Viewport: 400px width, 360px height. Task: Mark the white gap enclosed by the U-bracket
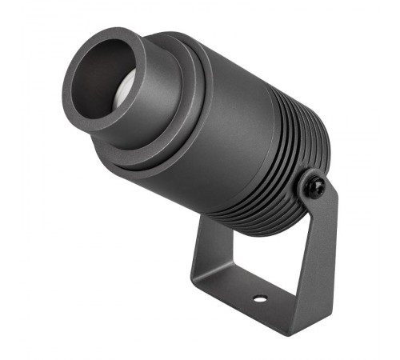pos(248,256)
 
